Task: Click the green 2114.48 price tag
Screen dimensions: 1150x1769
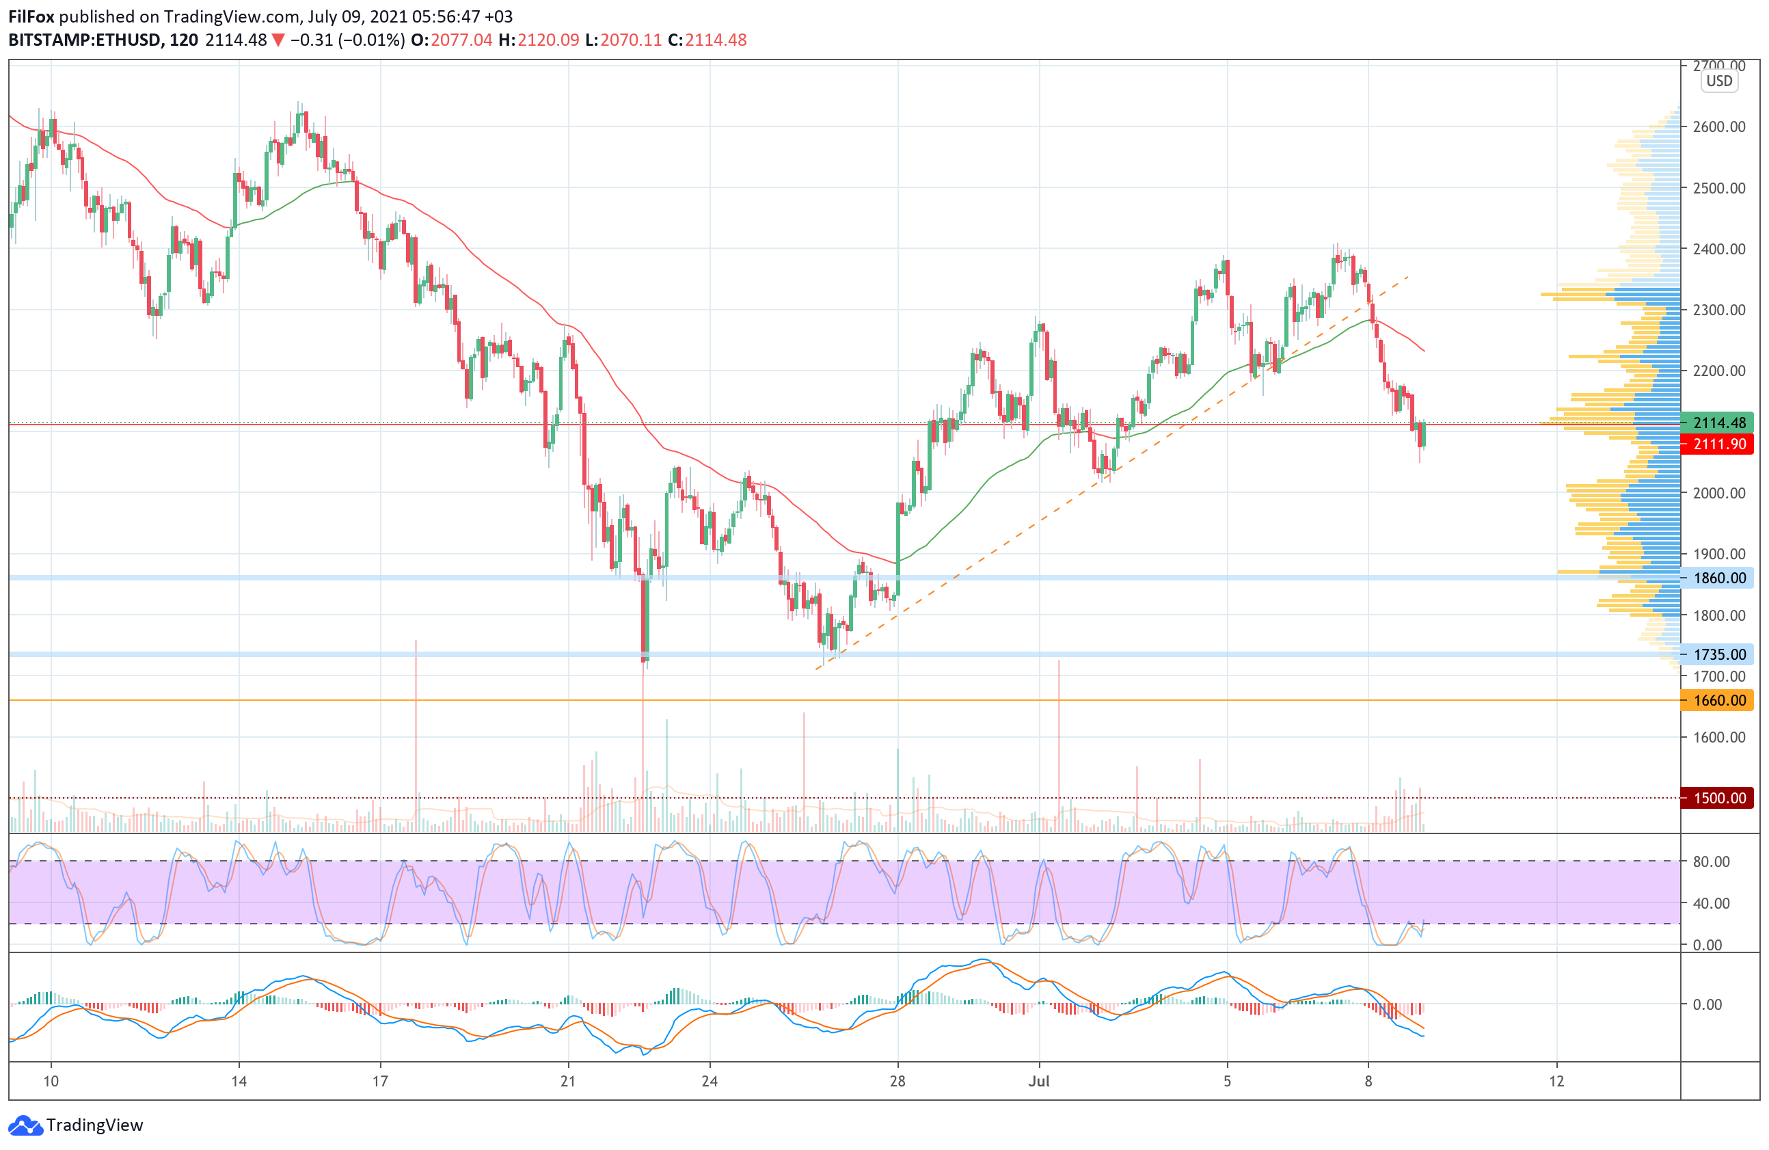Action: tap(1718, 423)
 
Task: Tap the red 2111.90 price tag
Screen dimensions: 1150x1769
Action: tap(1718, 444)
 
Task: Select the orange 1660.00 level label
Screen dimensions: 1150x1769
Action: tap(1718, 700)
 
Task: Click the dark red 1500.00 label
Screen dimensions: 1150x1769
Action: tap(1718, 798)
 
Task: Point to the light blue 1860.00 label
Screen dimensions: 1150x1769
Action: tap(1718, 578)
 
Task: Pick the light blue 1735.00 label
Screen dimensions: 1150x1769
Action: tap(1718, 654)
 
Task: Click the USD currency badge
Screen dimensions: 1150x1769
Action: tap(1718, 81)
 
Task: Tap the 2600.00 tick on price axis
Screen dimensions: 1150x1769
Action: tap(1718, 126)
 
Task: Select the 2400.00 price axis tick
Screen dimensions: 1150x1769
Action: tap(1718, 248)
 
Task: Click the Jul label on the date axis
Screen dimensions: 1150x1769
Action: tap(1038, 1081)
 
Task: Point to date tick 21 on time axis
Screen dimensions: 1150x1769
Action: tap(568, 1081)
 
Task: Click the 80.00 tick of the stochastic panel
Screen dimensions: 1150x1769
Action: tap(1711, 861)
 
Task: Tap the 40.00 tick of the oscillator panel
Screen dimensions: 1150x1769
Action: tap(1711, 903)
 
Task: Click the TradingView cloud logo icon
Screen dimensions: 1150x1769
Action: tap(25, 1125)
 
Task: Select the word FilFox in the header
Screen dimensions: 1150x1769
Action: tap(31, 16)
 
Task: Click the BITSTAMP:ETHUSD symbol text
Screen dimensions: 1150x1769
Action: tap(85, 40)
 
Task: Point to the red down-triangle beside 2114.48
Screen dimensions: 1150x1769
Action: tap(278, 40)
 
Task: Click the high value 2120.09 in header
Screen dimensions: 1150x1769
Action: tap(548, 40)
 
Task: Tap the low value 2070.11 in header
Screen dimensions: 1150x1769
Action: tap(631, 40)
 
